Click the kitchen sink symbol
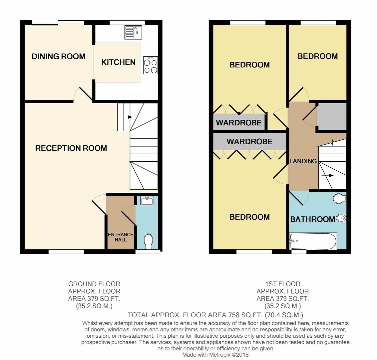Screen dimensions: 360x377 coord(133,32)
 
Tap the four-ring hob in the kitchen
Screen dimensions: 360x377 coord(150,65)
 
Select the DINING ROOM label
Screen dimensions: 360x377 coord(58,57)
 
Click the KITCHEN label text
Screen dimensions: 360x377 coord(118,62)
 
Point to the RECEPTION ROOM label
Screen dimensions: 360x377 coord(71,148)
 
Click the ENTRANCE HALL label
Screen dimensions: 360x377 coord(120,237)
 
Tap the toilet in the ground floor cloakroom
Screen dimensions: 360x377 coord(148,241)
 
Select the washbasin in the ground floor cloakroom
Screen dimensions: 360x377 coord(147,200)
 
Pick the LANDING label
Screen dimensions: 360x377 coord(303,161)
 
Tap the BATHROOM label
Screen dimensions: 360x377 coord(312,219)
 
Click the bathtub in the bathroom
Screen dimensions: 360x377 coord(313,241)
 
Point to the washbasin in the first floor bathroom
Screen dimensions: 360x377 coord(341,218)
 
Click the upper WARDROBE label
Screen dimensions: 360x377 coord(238,123)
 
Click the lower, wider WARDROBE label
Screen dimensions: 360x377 coord(249,142)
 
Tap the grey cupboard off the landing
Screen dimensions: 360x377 coord(331,116)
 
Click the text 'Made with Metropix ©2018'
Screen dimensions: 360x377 coord(215,355)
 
